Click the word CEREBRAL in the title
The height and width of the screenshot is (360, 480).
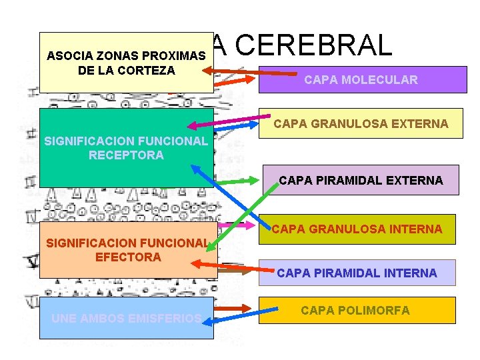(x=313, y=45)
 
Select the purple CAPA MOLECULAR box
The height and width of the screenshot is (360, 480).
(x=360, y=80)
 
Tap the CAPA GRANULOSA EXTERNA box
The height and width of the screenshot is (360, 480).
(x=361, y=123)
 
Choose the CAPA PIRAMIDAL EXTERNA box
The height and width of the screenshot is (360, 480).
(x=361, y=180)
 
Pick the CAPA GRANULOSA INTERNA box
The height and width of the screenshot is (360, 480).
(x=357, y=229)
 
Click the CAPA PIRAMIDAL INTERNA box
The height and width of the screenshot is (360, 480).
(x=357, y=273)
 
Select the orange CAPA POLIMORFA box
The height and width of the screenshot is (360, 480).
(x=357, y=311)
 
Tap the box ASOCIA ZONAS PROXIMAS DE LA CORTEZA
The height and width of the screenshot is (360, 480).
(x=126, y=62)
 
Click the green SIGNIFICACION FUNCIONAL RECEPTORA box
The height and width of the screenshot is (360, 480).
(x=126, y=148)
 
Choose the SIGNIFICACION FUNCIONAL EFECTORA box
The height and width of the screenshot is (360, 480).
(x=128, y=250)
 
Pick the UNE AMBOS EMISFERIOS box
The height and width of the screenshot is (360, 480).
(x=127, y=319)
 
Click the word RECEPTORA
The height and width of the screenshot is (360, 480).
(x=126, y=155)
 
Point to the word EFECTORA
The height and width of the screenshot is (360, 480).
(x=129, y=257)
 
